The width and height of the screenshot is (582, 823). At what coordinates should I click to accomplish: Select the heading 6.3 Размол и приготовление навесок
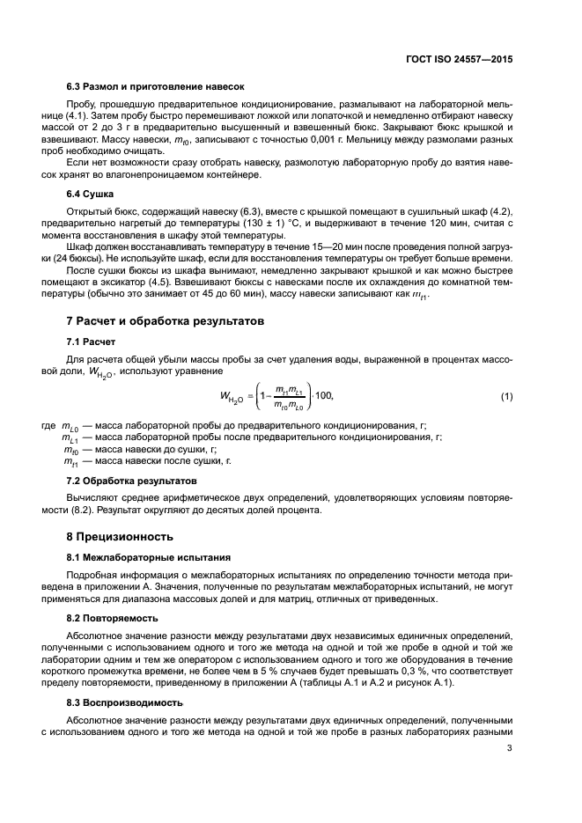click(155, 86)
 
